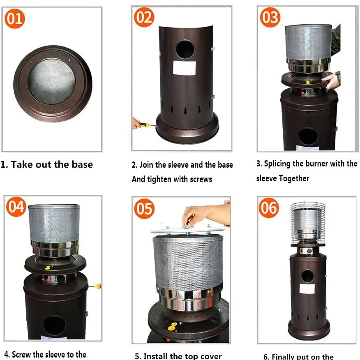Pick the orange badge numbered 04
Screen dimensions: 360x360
tap(16, 207)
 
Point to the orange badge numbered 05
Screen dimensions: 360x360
tap(144, 209)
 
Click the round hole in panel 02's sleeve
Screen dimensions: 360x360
tap(185, 49)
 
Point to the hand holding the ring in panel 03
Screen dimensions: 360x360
tap(331, 80)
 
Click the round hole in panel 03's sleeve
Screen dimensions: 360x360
tap(308, 137)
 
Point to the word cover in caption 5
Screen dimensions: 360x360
tap(210, 356)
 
